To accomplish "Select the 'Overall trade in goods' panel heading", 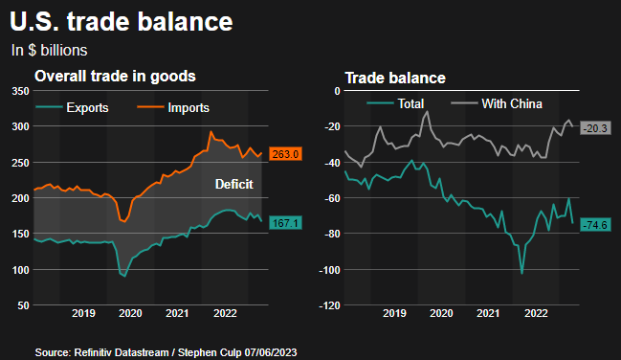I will tap(116, 76).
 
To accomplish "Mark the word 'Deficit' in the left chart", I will tap(234, 184).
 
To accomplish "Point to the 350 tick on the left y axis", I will tap(18, 91).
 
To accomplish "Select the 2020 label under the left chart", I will tap(130, 313).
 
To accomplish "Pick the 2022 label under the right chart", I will tap(535, 313).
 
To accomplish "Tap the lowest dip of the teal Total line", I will tap(521, 274).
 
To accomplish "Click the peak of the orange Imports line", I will tap(211, 132).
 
